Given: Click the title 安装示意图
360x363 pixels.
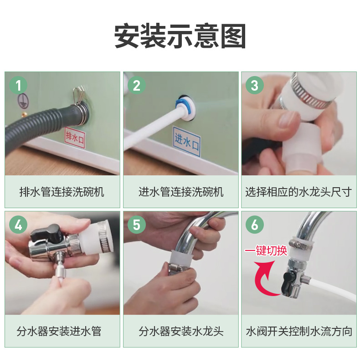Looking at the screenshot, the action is pos(180,36).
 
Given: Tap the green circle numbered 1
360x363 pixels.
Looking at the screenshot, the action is pos(18,86).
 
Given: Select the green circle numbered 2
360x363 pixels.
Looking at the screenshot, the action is pos(137,86).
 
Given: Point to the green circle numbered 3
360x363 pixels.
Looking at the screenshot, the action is pos(255,86).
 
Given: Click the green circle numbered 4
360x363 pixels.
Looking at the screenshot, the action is pos(18,225).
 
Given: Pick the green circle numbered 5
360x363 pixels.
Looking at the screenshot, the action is pos(137,225).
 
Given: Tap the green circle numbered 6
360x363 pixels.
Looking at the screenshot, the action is pos(255,225).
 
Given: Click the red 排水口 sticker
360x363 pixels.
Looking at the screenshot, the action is pos(75,138).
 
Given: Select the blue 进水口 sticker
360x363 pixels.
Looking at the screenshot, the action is pos(187,141).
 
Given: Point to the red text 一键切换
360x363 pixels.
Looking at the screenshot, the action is pos(266,251).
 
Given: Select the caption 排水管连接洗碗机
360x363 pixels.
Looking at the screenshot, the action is pos(62,192).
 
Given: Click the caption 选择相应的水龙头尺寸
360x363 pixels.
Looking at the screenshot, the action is pos(298,192).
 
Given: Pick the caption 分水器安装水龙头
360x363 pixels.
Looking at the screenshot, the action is pos(181,331).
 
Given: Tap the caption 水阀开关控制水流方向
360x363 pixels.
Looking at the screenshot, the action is pos(299,331).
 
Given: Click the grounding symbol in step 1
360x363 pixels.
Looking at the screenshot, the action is pos(23,101).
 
